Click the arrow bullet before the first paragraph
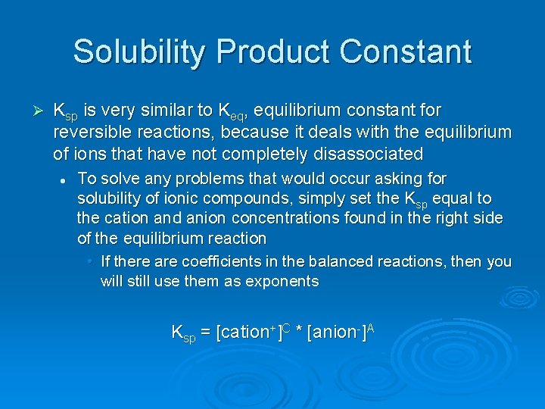coord(40,111)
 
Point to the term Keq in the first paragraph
coord(230,112)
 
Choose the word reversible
coord(89,133)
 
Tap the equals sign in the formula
coord(205,332)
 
